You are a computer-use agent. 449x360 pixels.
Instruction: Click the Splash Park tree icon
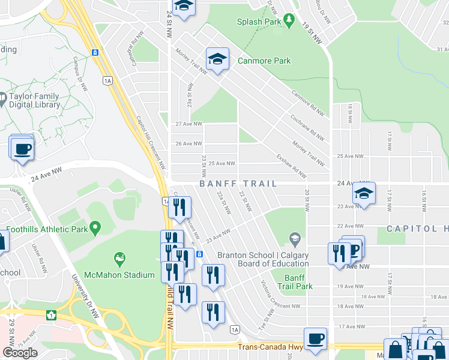click(289, 21)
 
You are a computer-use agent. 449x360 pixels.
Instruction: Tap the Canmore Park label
click(264, 61)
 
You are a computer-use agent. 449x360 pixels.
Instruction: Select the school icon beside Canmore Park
click(217, 59)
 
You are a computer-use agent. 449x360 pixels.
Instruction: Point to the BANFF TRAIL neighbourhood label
click(238, 184)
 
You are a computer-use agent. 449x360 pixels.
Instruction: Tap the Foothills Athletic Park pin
click(95, 228)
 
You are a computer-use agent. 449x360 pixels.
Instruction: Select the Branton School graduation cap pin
click(294, 239)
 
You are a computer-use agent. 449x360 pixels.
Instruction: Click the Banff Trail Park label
click(299, 282)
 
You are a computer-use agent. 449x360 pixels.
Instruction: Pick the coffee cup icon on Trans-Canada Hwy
click(315, 339)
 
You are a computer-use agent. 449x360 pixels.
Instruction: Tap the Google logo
click(20, 352)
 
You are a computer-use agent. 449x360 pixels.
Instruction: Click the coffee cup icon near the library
click(22, 148)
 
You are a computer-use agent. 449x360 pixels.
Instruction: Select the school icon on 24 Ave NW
click(364, 193)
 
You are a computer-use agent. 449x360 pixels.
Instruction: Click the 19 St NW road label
click(312, 33)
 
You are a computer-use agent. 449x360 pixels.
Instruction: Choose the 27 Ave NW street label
click(187, 124)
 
